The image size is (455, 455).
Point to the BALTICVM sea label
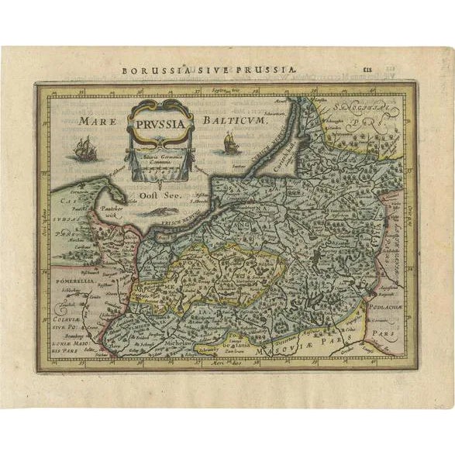(x=233, y=121)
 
